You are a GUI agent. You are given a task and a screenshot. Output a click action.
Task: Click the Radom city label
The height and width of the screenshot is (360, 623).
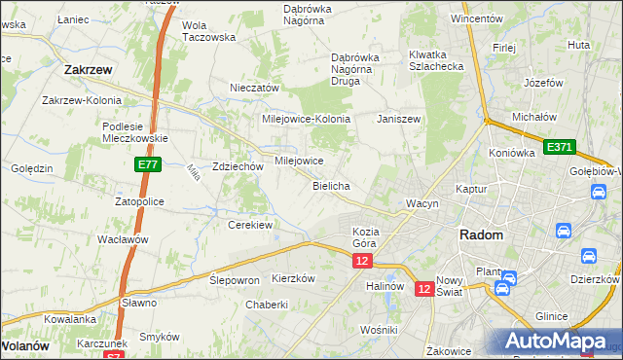[481, 235]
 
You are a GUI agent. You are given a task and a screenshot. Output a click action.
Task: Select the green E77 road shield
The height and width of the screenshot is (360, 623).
[148, 165]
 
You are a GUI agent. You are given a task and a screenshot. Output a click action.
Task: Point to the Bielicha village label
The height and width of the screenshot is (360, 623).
[331, 185]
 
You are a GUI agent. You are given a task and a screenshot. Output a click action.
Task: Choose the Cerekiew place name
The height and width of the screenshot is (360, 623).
[249, 224]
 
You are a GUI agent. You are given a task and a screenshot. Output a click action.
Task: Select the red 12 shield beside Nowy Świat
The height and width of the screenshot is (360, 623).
[424, 288]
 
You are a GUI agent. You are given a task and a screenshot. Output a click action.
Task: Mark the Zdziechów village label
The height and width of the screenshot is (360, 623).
[238, 166]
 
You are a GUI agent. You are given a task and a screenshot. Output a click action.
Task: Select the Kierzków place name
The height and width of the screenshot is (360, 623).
[294, 277]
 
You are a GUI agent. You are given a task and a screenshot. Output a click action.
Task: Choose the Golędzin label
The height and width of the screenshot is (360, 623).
[31, 168]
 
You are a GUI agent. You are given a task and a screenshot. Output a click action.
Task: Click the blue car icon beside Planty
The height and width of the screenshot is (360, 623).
[502, 287]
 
